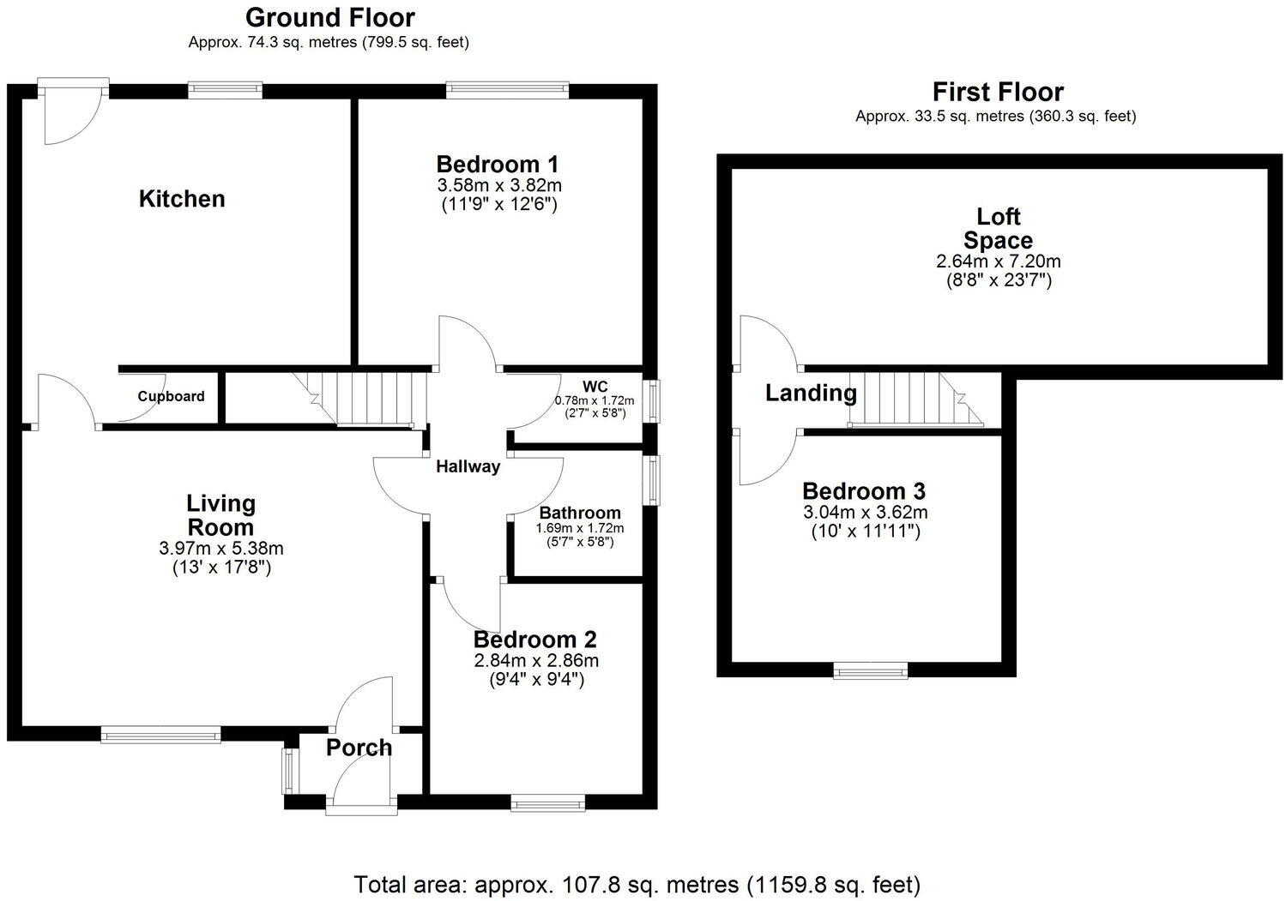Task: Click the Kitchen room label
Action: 182,199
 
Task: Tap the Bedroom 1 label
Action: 498,164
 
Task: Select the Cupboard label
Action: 171,396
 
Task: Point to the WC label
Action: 595,387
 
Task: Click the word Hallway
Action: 468,467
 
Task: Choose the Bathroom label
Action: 580,513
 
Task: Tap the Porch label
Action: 359,748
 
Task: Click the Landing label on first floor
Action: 811,393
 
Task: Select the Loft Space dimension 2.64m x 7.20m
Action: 998,261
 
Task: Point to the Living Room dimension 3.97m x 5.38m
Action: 221,548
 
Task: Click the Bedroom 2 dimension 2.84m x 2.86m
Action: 535,660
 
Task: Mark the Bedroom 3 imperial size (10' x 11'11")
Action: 865,532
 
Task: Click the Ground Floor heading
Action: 329,17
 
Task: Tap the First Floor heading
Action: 998,92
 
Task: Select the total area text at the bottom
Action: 637,884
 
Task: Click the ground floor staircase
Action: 369,398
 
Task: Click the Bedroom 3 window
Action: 871,671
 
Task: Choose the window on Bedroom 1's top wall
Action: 507,89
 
